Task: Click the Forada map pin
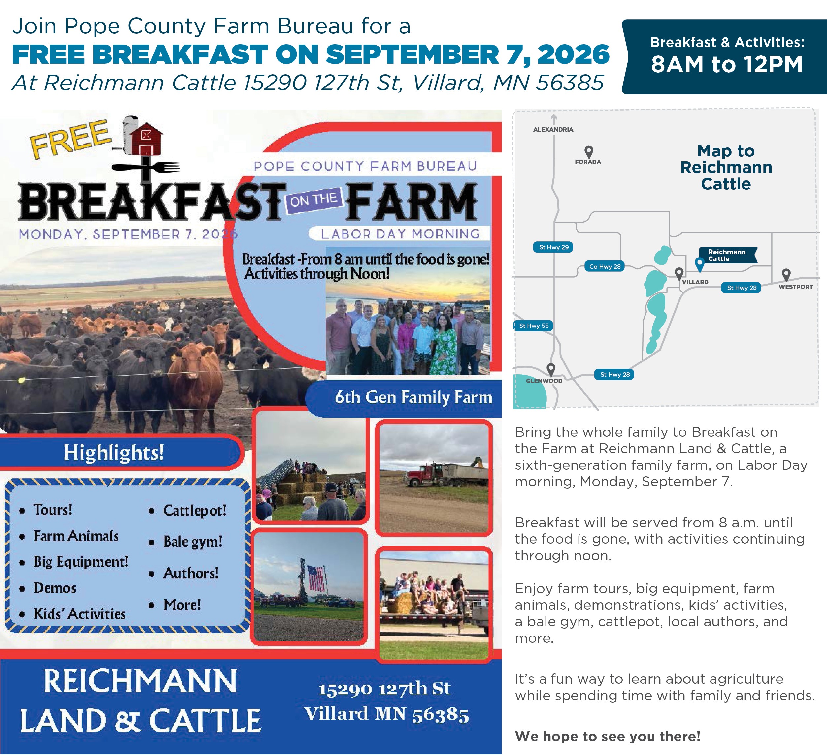click(589, 152)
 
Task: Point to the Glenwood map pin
click(551, 370)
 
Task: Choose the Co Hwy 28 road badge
click(605, 266)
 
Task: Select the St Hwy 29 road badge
click(553, 247)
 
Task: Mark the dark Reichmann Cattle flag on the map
click(728, 255)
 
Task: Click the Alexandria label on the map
click(553, 129)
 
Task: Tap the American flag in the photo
click(316, 578)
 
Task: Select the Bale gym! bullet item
click(193, 541)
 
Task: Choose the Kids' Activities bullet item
click(80, 614)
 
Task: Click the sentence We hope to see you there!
click(608, 736)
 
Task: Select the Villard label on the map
click(695, 282)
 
